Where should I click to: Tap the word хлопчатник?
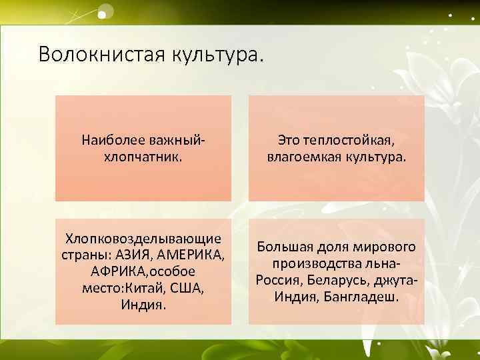(143, 157)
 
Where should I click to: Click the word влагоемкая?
(304, 157)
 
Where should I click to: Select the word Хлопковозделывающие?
(143, 238)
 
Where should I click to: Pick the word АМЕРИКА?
(191, 255)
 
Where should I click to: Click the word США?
(187, 288)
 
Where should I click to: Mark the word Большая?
(285, 247)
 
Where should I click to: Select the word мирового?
(381, 247)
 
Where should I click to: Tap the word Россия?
(279, 280)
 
